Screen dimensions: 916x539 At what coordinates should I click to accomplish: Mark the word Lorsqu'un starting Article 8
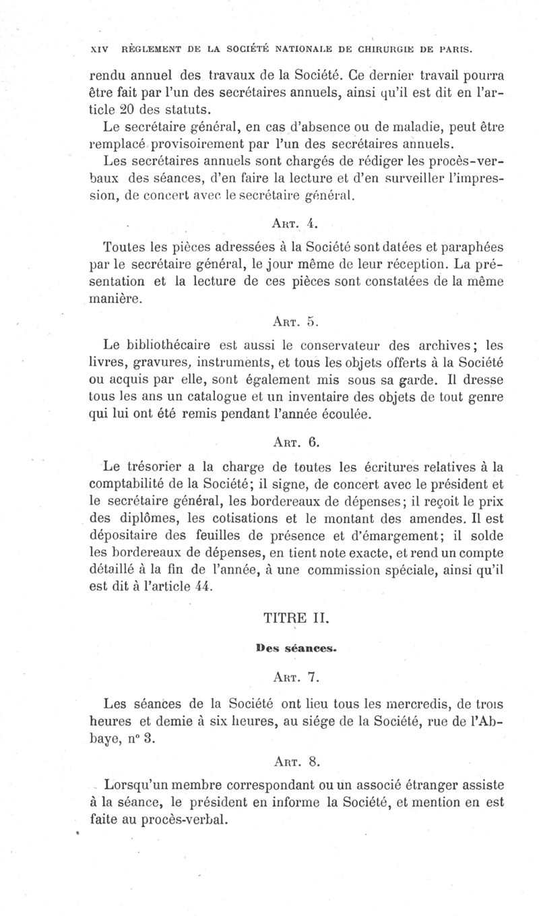tap(140, 786)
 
